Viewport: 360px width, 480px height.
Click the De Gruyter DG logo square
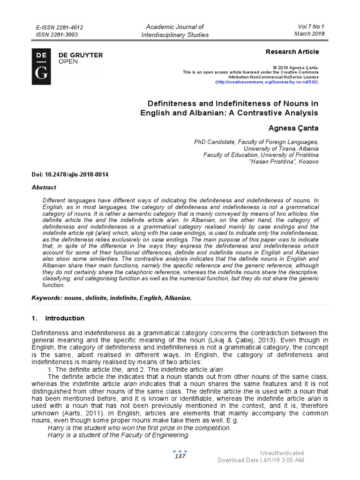[41, 66]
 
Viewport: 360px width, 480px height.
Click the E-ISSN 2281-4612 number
[63, 28]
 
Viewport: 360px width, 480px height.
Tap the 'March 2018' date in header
[308, 34]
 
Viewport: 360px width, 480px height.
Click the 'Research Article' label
[292, 52]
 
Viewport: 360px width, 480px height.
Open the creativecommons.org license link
[267, 82]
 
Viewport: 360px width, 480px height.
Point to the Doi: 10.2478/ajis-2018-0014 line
[70, 174]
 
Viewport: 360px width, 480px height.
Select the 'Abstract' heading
[44, 187]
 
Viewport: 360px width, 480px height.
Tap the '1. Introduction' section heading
[58, 318]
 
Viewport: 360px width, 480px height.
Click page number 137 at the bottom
[180, 457]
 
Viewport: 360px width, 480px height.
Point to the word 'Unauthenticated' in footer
[282, 453]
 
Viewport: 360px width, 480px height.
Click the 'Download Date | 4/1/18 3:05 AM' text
[261, 460]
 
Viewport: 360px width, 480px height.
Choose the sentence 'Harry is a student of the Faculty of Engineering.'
[119, 435]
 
